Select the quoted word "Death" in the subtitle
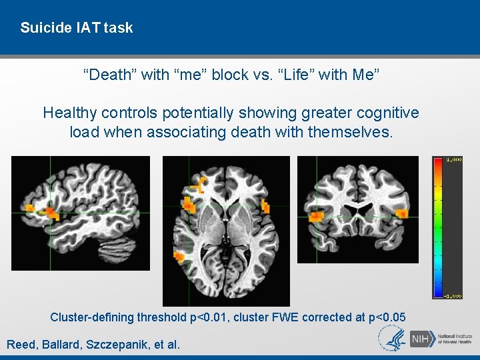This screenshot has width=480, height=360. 111,75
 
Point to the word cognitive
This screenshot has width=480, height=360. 380,113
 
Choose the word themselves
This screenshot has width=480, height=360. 351,132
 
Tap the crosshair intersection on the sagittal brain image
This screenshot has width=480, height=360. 51,213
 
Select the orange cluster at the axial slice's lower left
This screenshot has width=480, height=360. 179,256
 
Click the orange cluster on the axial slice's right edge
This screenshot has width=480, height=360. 267,206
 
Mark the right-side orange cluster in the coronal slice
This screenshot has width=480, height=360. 403,213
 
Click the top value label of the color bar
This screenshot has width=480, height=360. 453,160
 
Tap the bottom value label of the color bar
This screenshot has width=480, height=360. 453,295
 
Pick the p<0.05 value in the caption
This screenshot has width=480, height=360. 386,317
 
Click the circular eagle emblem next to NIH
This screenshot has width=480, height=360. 393,339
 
